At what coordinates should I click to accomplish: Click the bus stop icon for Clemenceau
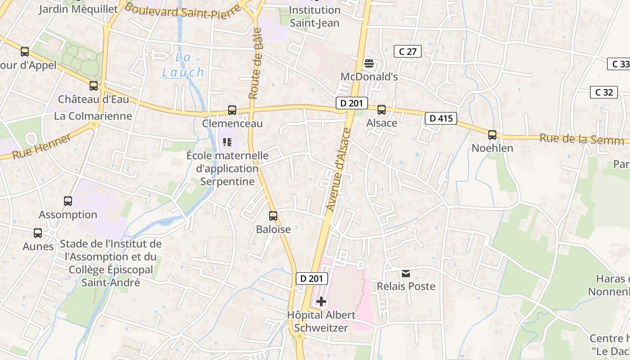232,110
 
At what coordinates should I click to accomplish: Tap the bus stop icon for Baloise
273,216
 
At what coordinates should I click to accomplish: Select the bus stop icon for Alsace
382,109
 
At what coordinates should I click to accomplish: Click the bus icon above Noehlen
492,135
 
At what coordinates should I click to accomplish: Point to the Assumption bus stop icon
68,201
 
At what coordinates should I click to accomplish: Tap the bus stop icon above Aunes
38,233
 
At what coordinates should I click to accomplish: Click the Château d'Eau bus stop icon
94,85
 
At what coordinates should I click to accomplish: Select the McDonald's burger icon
369,63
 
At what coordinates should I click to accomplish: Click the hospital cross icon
321,301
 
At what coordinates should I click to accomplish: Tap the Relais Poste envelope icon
406,273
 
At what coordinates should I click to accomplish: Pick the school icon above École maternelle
227,142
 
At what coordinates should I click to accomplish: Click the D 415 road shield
441,118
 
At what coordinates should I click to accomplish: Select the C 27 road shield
408,51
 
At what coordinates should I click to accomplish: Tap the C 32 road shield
604,92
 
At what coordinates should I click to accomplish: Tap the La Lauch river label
183,65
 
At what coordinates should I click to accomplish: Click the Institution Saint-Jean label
314,16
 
